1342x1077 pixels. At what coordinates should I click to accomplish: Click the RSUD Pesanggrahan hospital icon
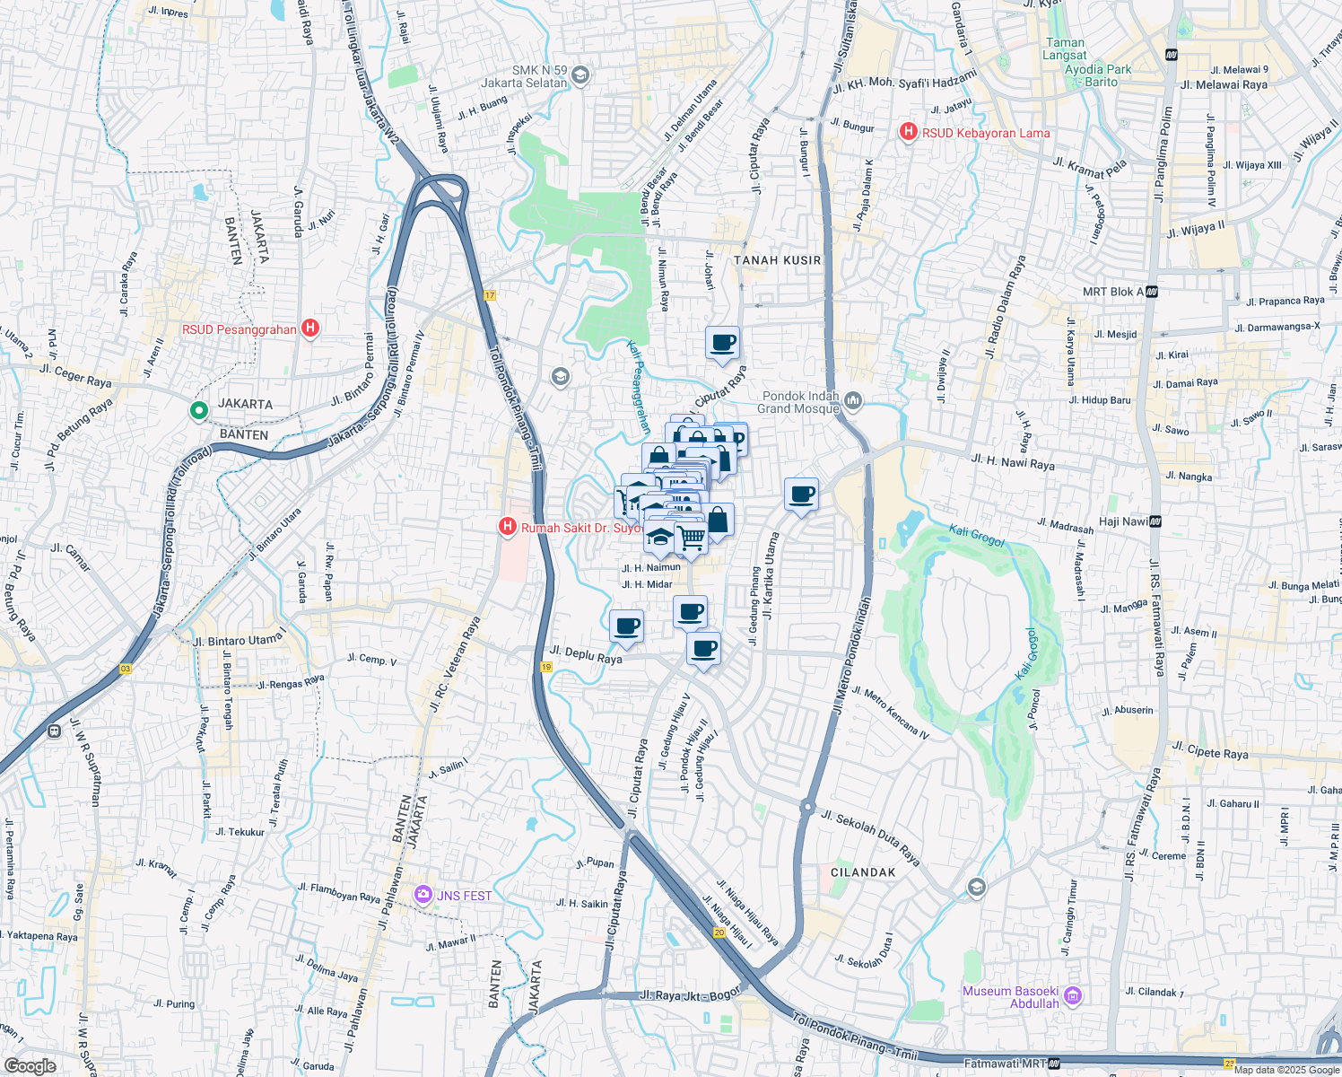310,328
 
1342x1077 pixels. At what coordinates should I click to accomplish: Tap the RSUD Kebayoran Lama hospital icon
908,133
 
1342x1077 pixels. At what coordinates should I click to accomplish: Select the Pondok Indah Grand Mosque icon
853,401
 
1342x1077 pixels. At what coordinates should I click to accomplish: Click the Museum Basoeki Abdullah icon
1073,996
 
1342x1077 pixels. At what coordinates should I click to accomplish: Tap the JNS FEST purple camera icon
423,895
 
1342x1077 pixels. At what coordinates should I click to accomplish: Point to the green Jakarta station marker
198,411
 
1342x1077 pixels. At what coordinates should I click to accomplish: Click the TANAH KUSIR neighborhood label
777,260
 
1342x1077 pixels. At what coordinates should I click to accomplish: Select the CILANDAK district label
863,872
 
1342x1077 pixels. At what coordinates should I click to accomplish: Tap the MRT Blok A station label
1112,292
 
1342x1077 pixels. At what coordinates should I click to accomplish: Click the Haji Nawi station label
1123,521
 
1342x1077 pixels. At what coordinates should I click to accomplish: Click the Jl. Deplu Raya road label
586,654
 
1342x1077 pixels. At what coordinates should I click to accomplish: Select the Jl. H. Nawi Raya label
1012,461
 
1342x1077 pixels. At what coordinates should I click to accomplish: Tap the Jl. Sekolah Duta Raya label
871,838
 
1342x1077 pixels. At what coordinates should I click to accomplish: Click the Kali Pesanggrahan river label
638,387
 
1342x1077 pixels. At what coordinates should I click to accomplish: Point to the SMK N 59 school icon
579,74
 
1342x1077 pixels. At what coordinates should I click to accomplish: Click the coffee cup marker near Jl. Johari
722,343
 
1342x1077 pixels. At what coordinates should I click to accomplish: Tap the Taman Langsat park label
1065,48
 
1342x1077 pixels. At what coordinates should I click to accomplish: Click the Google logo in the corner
30,1065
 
